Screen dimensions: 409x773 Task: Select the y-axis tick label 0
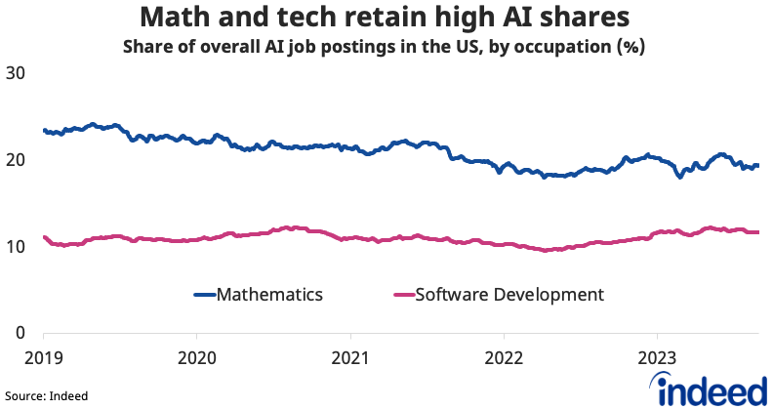[20, 333]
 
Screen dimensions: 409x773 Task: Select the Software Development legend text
[510, 294]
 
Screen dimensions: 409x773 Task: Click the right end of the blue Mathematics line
[757, 166]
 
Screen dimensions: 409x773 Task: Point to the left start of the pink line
[45, 237]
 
